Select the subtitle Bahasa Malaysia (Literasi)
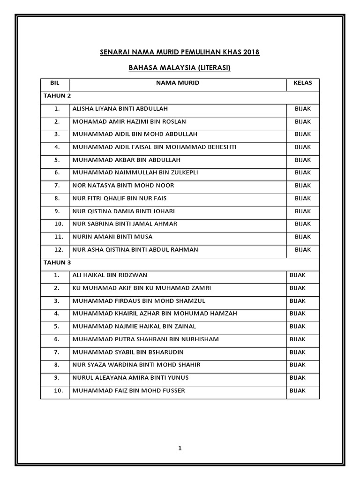[180, 68]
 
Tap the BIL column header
[55, 83]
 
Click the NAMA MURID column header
[178, 83]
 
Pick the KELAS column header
[303, 83]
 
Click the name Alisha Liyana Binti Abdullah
[120, 109]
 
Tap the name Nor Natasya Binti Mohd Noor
[123, 186]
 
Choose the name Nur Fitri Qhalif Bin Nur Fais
[120, 198]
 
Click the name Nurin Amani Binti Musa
[112, 237]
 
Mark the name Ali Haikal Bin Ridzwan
[110, 275]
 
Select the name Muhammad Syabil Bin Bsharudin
[127, 352]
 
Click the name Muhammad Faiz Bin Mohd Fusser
[128, 390]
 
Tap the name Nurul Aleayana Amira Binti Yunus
[130, 378]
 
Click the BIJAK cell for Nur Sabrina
[303, 224]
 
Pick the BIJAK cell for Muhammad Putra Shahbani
[298, 339]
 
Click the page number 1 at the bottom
[180, 448]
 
